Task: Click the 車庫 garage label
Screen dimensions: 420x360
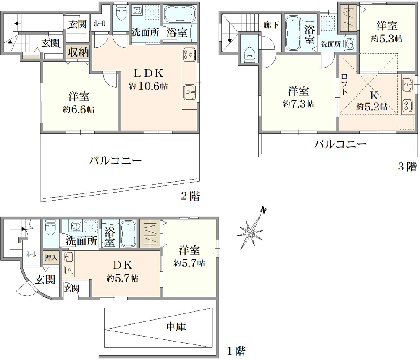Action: pyautogui.click(x=176, y=326)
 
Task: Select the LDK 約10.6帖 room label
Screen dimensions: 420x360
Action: pyautogui.click(x=148, y=79)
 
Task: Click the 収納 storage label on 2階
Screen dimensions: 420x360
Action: pyautogui.click(x=78, y=52)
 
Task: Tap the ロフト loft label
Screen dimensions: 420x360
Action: pyautogui.click(x=344, y=84)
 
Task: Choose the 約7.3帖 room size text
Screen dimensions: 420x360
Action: pyautogui.click(x=298, y=104)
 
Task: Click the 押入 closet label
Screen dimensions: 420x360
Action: pyautogui.click(x=51, y=258)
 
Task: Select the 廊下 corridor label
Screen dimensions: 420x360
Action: pyautogui.click(x=271, y=25)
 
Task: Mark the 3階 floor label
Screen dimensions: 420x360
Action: pyautogui.click(x=407, y=167)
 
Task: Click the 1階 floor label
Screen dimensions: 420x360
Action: pyautogui.click(x=236, y=351)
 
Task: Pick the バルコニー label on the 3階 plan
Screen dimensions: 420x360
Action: pyautogui.click(x=340, y=144)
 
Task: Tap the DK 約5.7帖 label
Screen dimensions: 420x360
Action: pyautogui.click(x=122, y=271)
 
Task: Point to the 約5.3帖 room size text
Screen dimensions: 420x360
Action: pyautogui.click(x=387, y=39)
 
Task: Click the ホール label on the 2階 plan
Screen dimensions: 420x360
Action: pyautogui.click(x=100, y=23)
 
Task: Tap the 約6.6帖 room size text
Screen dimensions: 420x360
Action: pyautogui.click(x=79, y=110)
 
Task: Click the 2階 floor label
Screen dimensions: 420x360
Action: pyautogui.click(x=190, y=196)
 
